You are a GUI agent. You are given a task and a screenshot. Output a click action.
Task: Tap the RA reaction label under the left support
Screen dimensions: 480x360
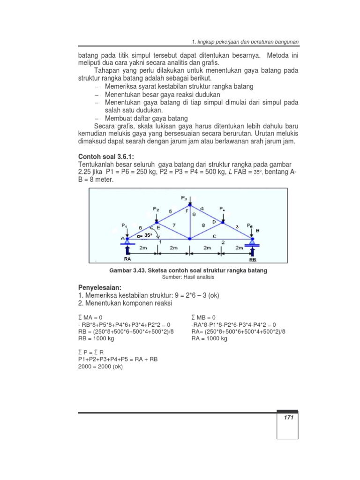127,258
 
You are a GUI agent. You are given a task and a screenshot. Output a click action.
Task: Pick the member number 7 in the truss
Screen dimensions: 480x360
173,225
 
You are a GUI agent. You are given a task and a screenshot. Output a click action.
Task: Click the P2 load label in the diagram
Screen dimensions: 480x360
156,209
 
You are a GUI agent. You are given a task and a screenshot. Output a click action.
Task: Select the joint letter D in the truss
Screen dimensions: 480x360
214,221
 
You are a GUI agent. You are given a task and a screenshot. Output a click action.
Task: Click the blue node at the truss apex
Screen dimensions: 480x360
189,204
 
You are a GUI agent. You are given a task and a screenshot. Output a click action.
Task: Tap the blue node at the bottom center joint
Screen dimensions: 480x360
189,239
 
